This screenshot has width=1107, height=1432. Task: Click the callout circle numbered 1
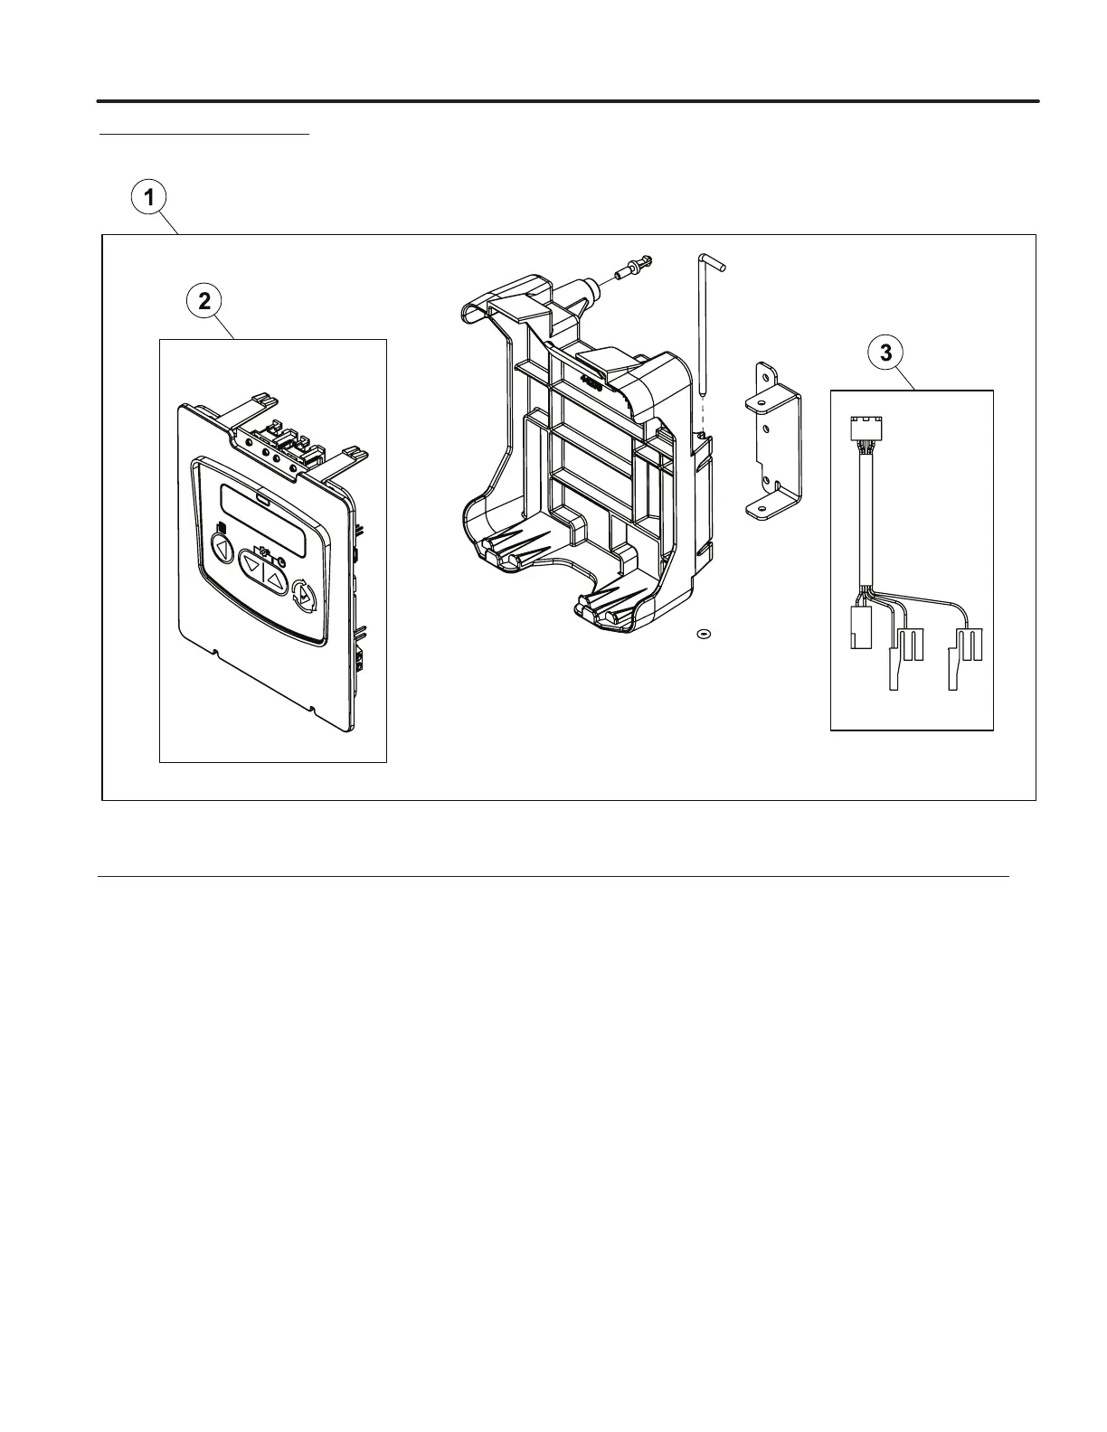click(x=150, y=197)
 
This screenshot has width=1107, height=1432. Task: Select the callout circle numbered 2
click(x=204, y=301)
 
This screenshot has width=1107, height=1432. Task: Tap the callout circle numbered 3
click(x=885, y=353)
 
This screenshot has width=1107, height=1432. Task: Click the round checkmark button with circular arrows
click(x=305, y=596)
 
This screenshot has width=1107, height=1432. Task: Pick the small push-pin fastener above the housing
click(x=633, y=267)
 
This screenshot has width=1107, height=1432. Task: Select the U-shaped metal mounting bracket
click(x=772, y=442)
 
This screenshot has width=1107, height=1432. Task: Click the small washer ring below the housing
click(x=703, y=634)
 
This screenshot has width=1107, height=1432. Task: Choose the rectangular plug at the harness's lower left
click(x=859, y=627)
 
